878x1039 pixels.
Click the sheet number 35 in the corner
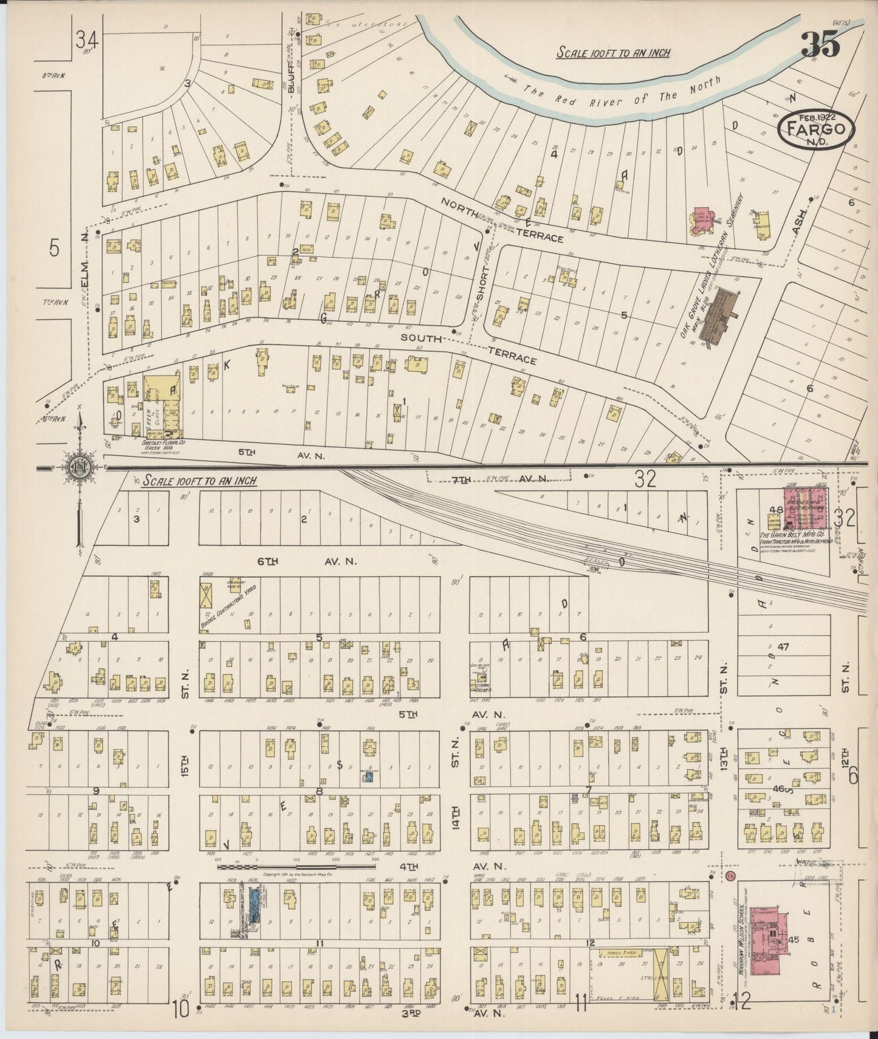tap(820, 44)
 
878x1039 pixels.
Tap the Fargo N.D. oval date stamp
tap(816, 129)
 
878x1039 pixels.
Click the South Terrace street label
tap(468, 349)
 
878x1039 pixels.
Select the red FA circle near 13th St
tap(730, 876)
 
